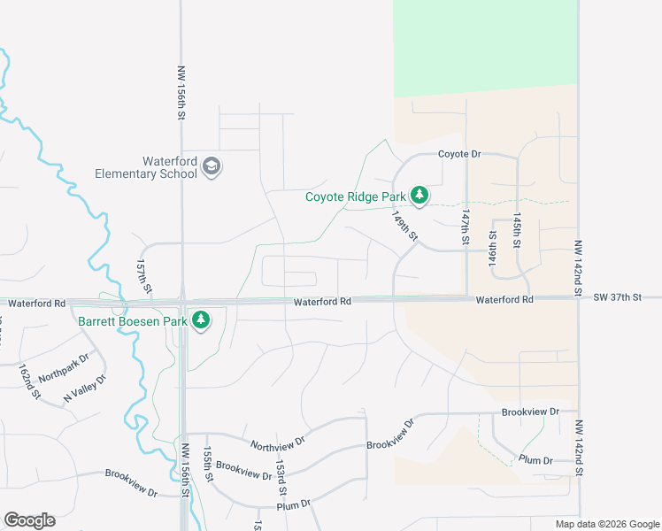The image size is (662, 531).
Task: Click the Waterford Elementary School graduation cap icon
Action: point(212,166)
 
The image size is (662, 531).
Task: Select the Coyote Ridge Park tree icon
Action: point(420,196)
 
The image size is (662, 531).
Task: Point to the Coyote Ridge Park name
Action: point(355,196)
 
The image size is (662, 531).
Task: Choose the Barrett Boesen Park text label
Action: point(133,321)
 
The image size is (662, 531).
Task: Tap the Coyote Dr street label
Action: point(459,154)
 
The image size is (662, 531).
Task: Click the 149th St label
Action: point(405,226)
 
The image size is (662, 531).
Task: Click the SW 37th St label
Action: point(617,298)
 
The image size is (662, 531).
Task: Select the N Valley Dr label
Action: point(84,390)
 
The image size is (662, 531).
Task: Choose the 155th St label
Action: point(208,463)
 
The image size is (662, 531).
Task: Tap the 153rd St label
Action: point(281,476)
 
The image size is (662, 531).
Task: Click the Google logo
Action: point(29,520)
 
